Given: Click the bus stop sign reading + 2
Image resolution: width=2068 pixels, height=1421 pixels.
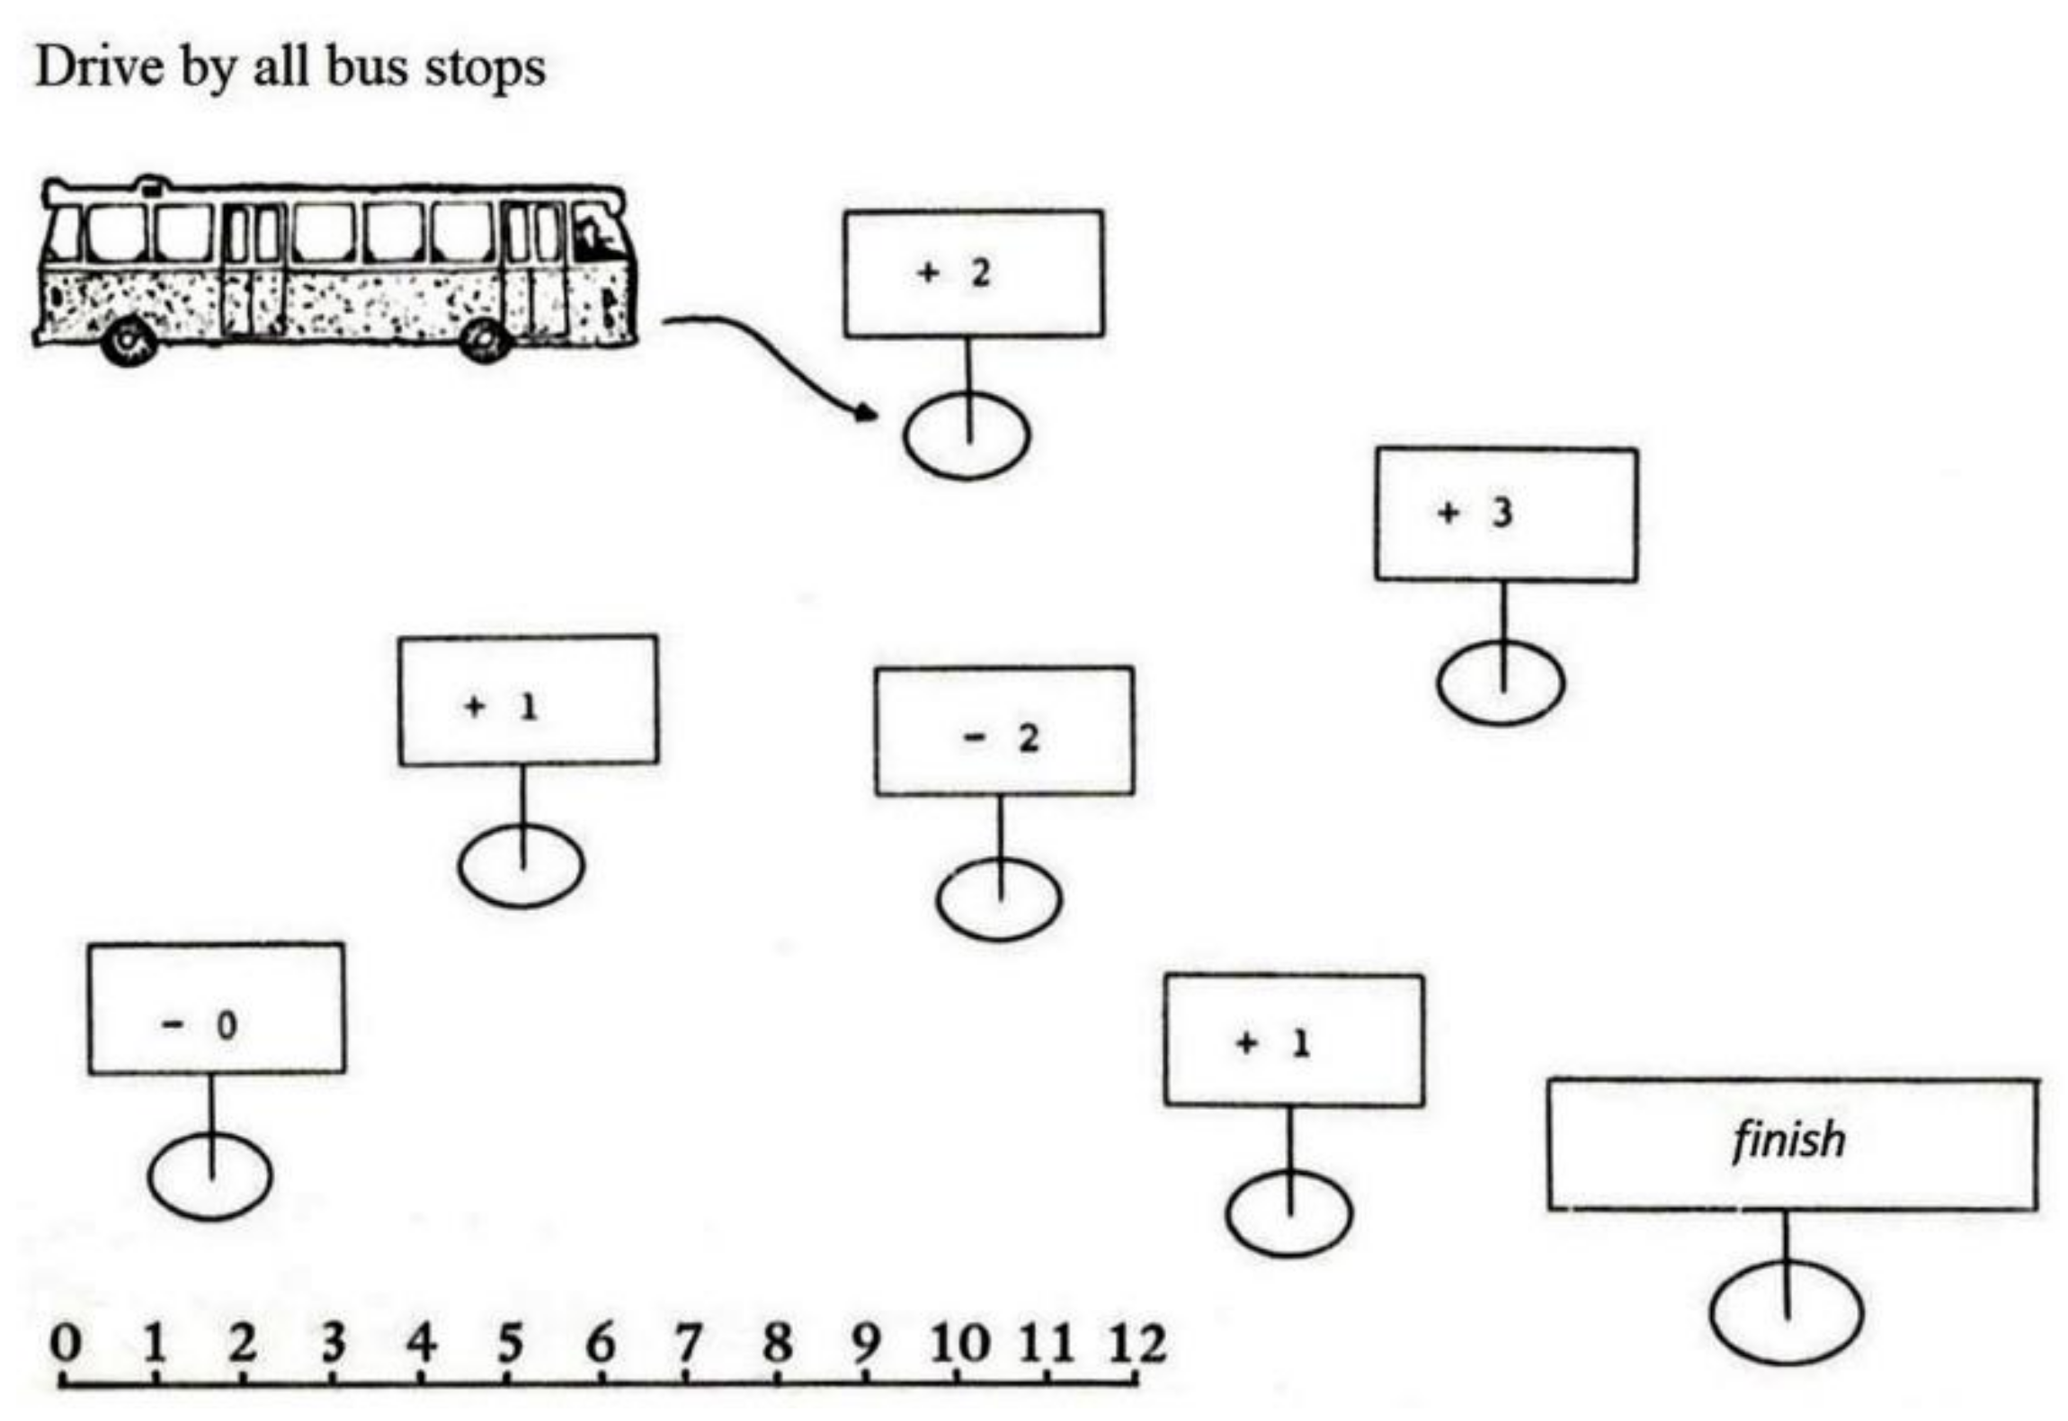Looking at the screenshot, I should click(973, 273).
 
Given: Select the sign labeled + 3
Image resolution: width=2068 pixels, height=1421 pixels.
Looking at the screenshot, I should click(1505, 514).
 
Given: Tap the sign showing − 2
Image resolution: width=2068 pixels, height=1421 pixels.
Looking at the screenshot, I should click(1003, 730).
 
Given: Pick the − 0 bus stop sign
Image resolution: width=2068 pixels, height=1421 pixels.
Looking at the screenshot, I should click(216, 1007).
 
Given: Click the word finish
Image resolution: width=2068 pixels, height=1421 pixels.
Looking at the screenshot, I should click(1787, 1140).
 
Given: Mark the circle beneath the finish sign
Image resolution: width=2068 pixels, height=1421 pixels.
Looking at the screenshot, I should click(1786, 1313).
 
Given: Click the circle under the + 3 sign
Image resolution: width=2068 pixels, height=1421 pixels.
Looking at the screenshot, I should click(1500, 683).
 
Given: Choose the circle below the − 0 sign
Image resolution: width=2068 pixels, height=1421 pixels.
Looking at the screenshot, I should click(209, 1175).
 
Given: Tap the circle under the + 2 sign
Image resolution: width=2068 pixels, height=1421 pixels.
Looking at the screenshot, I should click(967, 436).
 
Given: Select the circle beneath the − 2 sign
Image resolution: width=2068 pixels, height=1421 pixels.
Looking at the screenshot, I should click(998, 898).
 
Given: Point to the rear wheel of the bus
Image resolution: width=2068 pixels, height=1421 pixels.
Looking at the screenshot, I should click(130, 343).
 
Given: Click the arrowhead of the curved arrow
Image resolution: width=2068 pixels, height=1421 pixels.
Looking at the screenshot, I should click(867, 413).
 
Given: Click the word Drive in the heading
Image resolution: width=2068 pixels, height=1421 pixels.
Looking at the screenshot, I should click(99, 67).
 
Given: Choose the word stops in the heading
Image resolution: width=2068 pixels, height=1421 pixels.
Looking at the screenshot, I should click(485, 68).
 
